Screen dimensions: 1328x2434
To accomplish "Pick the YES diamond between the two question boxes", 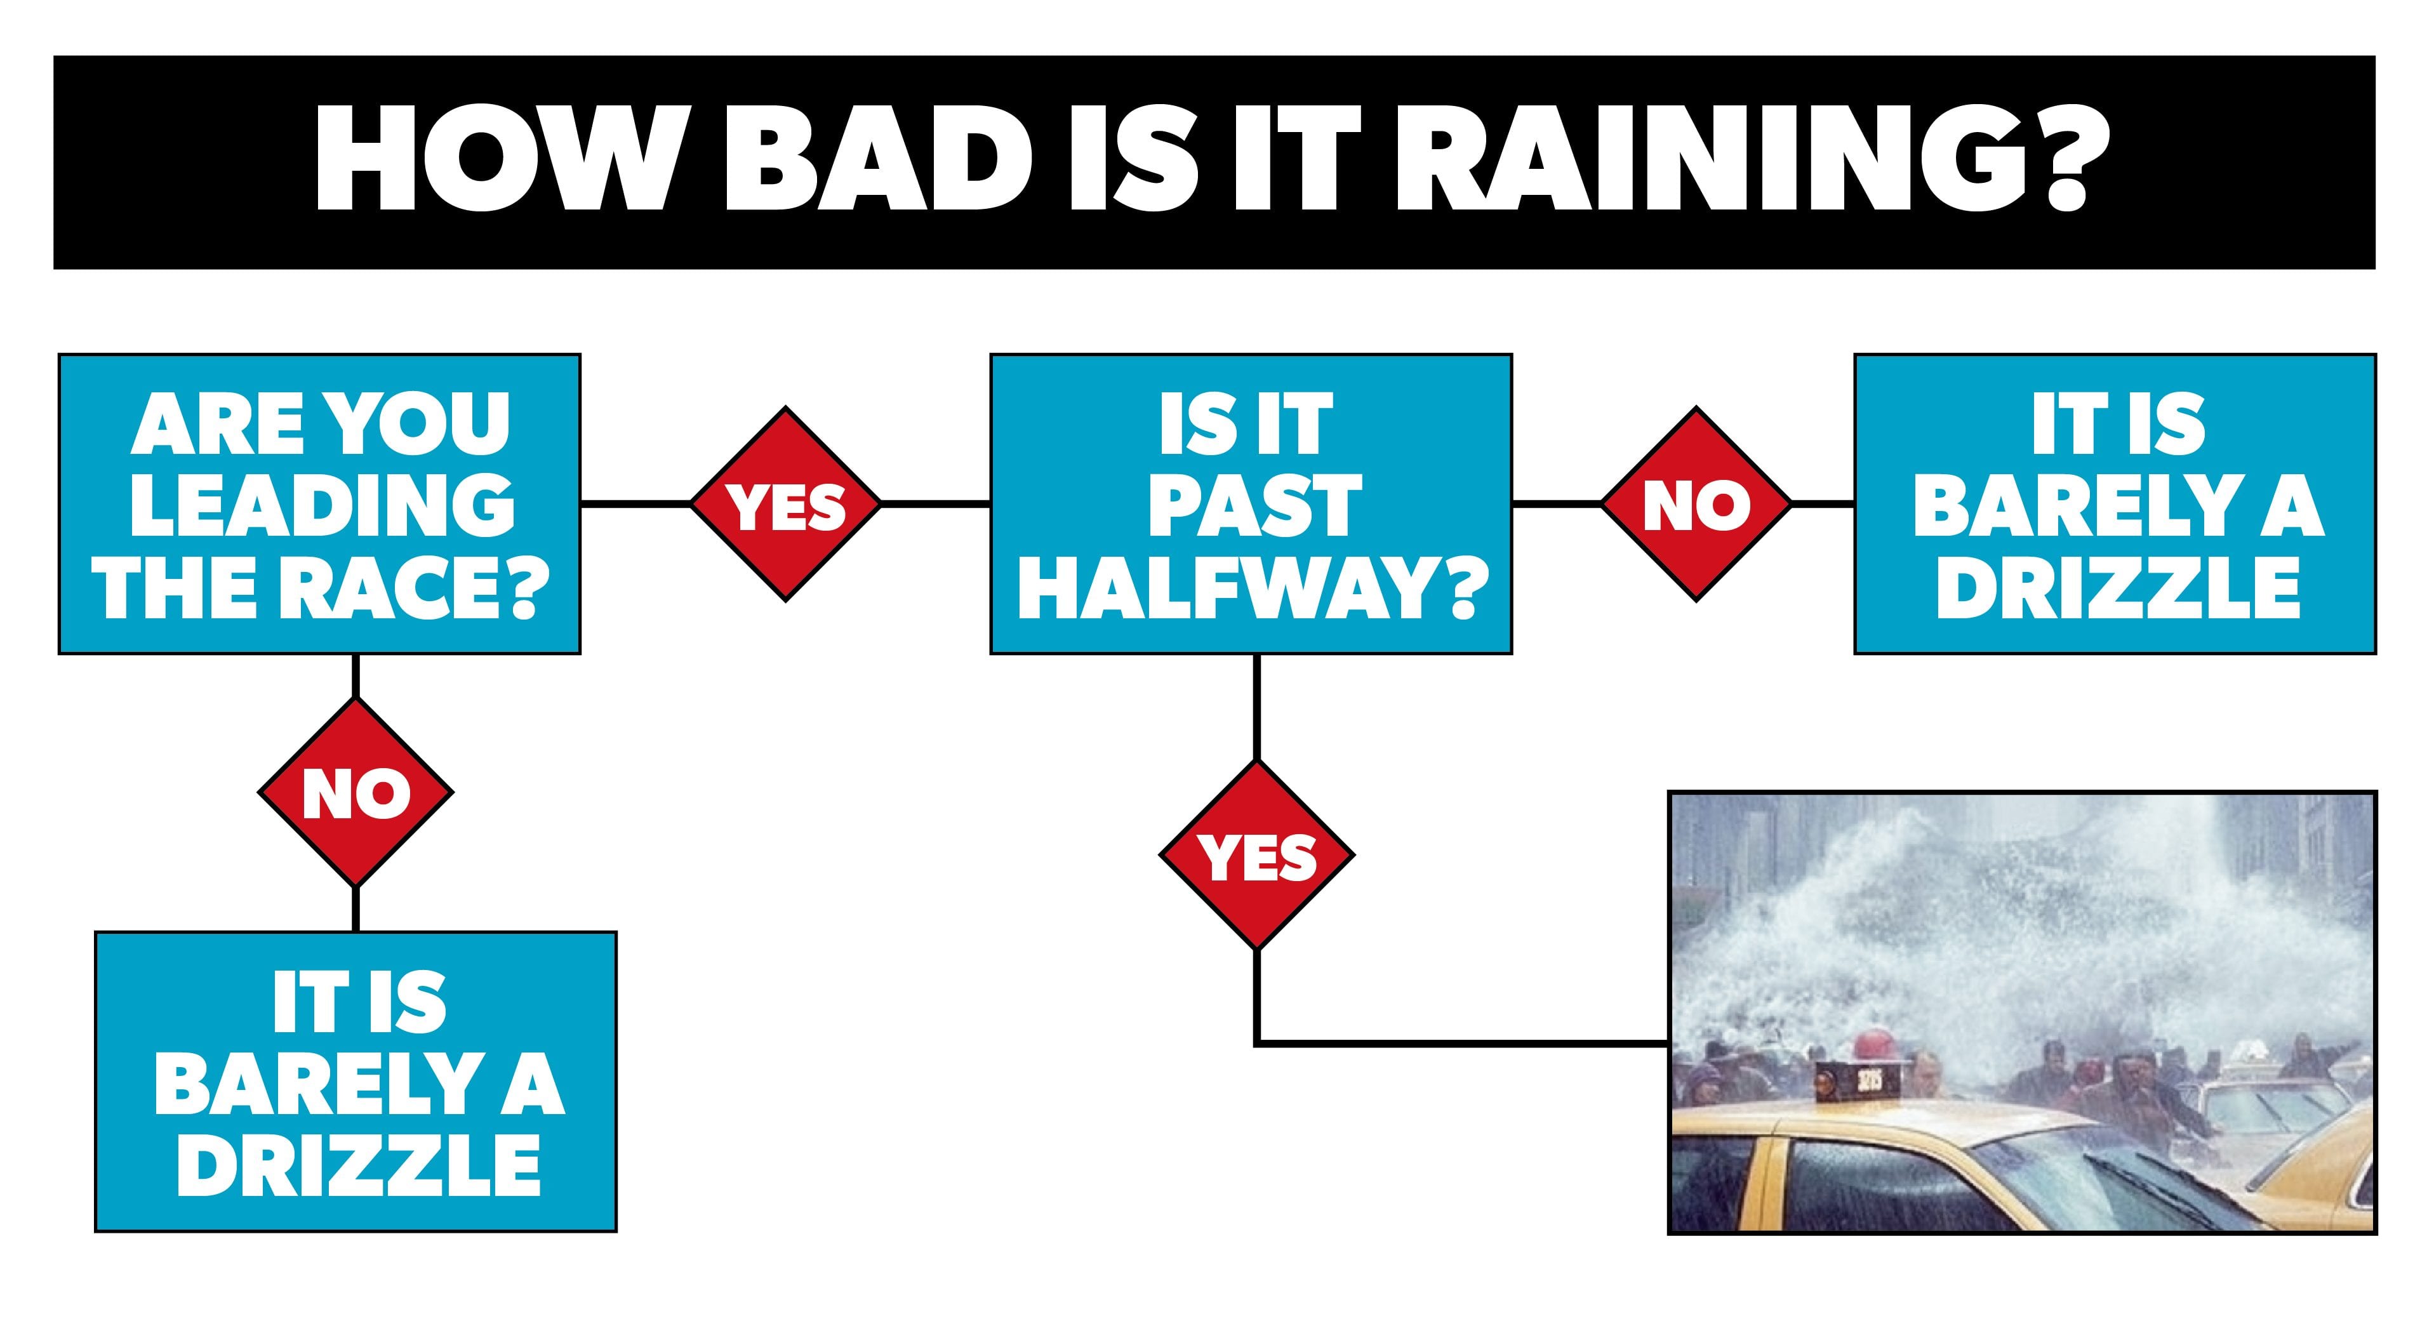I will pyautogui.click(x=786, y=505).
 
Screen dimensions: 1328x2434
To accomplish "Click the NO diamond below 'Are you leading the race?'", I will pyautogui.click(x=356, y=793).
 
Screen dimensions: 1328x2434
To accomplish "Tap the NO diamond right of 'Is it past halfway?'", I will pyautogui.click(x=1696, y=505).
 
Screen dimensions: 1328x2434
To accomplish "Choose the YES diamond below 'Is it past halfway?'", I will pyautogui.click(x=1257, y=857).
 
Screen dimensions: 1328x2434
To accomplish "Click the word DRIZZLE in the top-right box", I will pyautogui.click(x=2117, y=587).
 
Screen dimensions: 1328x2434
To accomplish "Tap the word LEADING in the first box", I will pyautogui.click(x=321, y=505).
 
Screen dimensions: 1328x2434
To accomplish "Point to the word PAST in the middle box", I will pyautogui.click(x=1255, y=505).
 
